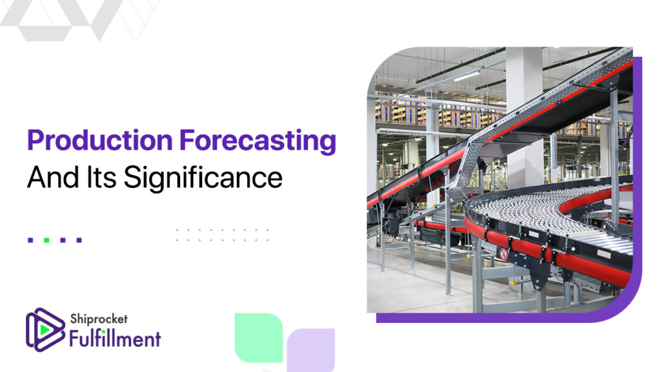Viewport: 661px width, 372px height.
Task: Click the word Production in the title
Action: tap(100, 140)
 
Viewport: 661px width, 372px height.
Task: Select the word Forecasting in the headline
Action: tap(258, 141)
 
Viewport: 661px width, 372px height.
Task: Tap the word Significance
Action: tap(203, 178)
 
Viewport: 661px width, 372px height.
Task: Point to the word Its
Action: tap(101, 177)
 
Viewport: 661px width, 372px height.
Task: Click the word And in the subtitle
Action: tap(53, 177)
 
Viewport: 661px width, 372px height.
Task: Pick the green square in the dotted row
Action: tap(46, 240)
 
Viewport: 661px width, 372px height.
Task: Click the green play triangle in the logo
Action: tap(45, 329)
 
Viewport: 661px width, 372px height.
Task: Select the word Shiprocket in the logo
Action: tap(99, 319)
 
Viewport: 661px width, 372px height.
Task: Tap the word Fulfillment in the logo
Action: tap(115, 338)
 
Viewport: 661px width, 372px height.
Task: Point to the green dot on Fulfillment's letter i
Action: tap(103, 332)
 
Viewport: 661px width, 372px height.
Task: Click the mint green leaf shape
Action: tap(258, 337)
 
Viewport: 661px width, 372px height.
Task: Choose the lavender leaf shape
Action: tap(310, 349)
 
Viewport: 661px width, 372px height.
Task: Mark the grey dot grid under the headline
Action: tap(222, 235)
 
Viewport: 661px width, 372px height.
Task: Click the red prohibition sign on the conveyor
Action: tap(503, 254)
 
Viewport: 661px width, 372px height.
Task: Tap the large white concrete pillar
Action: tap(524, 118)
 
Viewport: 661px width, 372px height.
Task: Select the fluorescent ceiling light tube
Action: tap(467, 76)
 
